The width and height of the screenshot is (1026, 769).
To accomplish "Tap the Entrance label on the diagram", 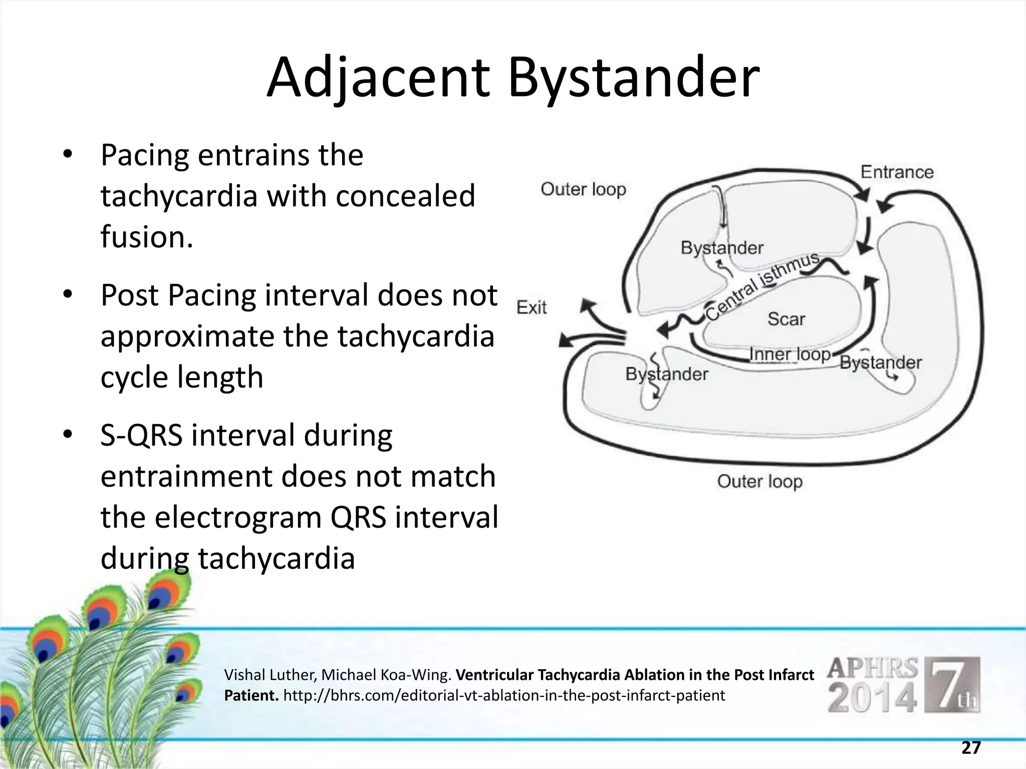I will tap(897, 172).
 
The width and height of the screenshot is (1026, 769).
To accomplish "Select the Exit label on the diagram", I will tap(532, 307).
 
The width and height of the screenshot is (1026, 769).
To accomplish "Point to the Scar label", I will tap(786, 319).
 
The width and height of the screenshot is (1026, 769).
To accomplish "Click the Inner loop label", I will tap(790, 354).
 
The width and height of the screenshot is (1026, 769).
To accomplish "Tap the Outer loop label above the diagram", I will tap(583, 190).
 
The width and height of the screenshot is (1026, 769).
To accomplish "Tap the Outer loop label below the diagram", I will tap(759, 482).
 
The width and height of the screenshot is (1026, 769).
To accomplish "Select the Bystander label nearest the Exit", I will tap(666, 374).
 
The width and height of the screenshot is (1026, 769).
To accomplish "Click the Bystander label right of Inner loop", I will tap(880, 362).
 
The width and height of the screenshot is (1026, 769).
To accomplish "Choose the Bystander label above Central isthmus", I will tap(721, 248).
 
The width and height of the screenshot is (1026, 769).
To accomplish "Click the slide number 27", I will tap(971, 748).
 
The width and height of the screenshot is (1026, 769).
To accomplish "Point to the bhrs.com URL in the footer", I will tap(504, 695).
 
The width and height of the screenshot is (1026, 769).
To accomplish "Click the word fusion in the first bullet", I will tap(146, 236).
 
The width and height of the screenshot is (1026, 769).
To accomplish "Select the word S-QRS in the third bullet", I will tap(141, 435).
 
